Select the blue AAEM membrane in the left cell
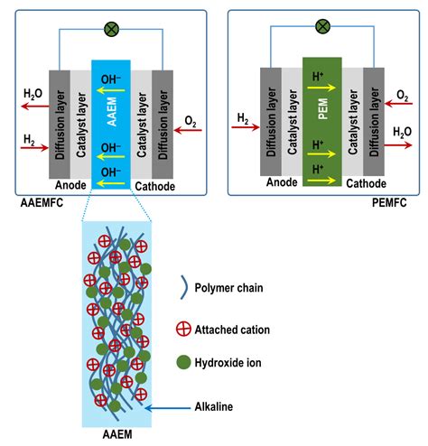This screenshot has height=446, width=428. click(x=111, y=118)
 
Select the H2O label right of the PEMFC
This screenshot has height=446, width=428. click(x=404, y=131)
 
